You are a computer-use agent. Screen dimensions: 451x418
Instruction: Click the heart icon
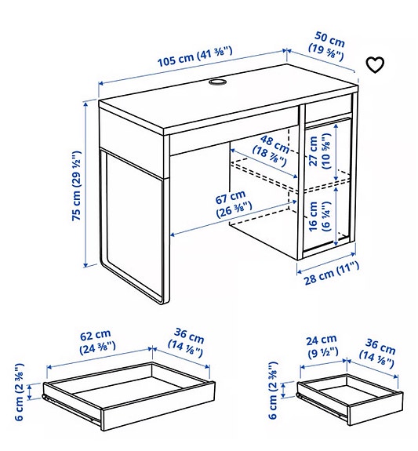click(x=376, y=64)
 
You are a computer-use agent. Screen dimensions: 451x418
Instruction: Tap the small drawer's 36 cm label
click(x=380, y=351)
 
